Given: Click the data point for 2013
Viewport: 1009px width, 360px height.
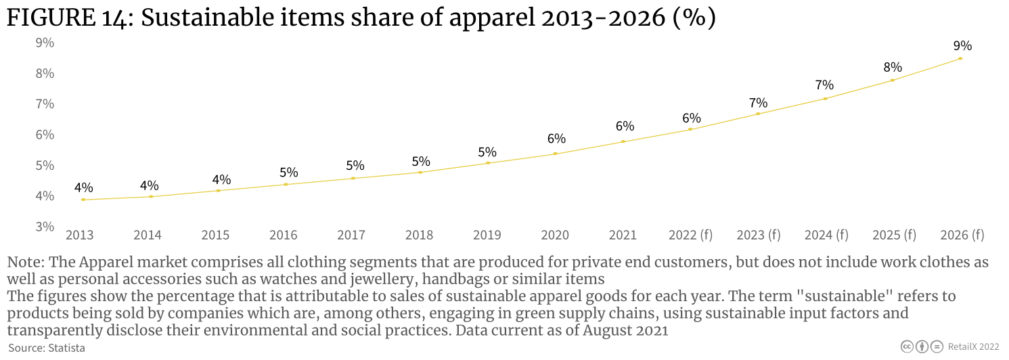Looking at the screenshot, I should (x=83, y=200).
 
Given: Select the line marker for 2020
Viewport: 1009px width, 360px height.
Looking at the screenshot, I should (x=556, y=154).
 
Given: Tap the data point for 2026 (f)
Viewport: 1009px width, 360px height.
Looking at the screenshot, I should (x=960, y=59).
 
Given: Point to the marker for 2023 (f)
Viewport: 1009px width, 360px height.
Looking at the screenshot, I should (x=758, y=114).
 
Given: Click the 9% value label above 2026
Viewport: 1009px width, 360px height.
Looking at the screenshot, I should (x=962, y=46).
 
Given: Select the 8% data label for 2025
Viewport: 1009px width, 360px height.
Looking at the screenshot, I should (x=893, y=67).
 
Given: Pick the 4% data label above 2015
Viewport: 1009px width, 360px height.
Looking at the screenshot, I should (x=221, y=179).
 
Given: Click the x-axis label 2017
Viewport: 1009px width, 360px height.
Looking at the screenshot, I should (x=351, y=235).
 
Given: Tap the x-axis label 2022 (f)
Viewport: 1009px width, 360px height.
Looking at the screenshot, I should (x=691, y=235).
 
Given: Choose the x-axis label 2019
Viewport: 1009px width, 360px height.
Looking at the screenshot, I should (x=487, y=235).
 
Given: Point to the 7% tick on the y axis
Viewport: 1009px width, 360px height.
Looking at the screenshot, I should (x=45, y=104).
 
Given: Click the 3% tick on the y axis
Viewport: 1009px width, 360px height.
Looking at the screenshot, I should (x=45, y=227).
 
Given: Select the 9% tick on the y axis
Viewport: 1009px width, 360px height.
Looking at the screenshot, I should (x=45, y=43).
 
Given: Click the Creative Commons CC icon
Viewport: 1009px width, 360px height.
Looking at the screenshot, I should (x=907, y=346).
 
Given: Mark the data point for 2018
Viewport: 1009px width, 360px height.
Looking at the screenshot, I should (x=420, y=173).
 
